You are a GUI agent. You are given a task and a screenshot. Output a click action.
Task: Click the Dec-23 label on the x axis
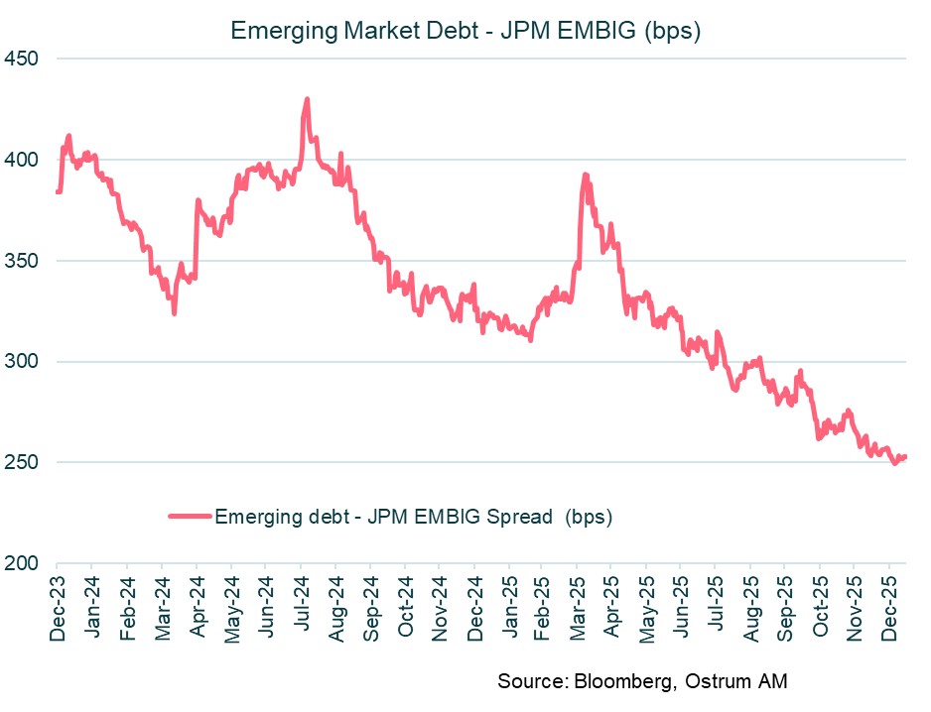coord(58,606)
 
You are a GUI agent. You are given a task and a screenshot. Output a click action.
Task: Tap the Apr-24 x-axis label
coord(197,606)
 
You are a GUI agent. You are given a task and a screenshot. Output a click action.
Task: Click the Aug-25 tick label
coord(750,606)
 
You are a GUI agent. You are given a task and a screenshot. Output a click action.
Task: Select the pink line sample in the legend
coord(190,516)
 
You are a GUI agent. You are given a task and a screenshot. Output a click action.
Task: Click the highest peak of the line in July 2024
coord(307,99)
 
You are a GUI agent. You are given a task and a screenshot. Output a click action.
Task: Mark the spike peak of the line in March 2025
coord(585,175)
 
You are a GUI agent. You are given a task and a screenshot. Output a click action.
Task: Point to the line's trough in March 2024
coord(174,313)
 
